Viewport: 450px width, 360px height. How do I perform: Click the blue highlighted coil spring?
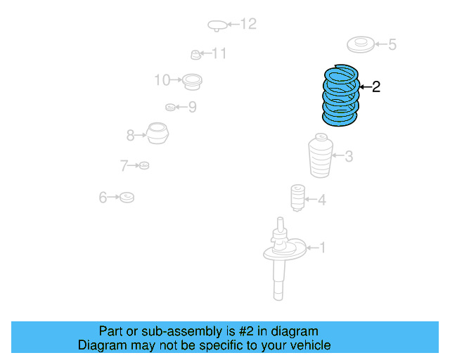coord(340,96)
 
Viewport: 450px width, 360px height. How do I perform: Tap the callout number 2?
coord(375,87)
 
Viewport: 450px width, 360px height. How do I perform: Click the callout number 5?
coord(392,45)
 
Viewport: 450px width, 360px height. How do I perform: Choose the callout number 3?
coord(348,157)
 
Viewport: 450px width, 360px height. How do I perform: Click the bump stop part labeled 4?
coord(297,198)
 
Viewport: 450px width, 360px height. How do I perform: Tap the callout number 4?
coord(321,200)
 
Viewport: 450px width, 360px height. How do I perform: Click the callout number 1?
coord(323,247)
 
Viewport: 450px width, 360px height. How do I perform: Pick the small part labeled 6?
coord(127,198)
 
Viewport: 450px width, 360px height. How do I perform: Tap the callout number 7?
coord(124,166)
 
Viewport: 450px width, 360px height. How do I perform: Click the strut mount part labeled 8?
coord(158,134)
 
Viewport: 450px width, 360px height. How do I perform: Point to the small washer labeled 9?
coord(169,107)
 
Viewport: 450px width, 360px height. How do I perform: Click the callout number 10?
coord(162,80)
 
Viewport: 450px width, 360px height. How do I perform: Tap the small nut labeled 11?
coord(196,54)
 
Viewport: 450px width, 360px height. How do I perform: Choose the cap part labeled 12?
coord(217,26)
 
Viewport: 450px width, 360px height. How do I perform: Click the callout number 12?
coord(248,25)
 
